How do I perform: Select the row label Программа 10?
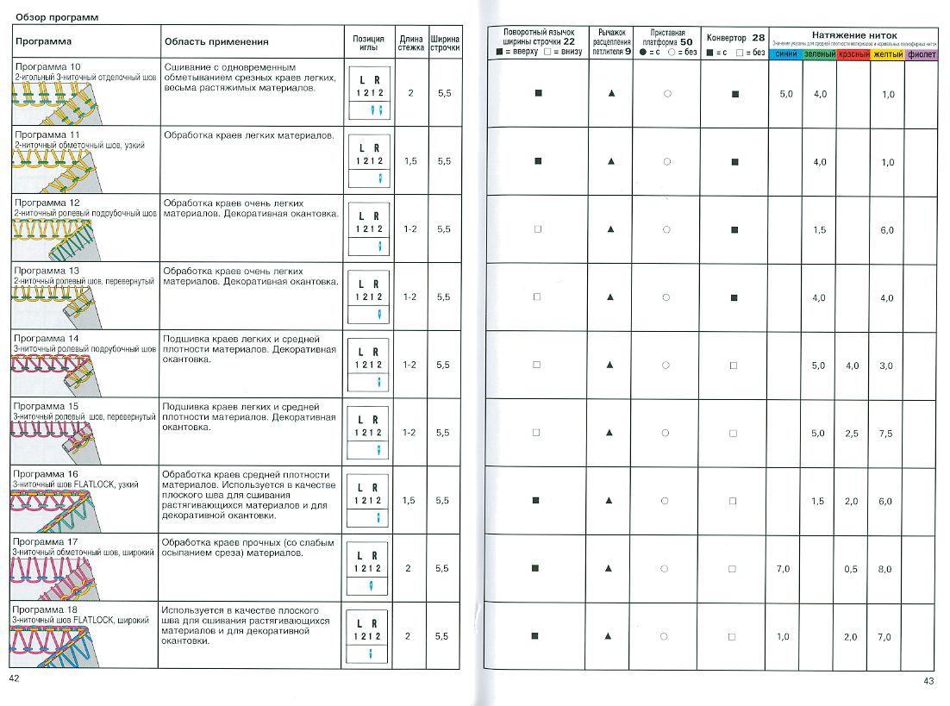(x=48, y=66)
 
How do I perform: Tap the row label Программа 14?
(x=47, y=338)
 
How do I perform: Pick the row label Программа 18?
(x=47, y=609)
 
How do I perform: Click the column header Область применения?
(x=216, y=41)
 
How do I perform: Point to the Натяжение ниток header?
(x=854, y=35)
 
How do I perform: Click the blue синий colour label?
(x=785, y=54)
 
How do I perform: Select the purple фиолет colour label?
(x=922, y=54)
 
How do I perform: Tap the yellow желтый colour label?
(x=887, y=54)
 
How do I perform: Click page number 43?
(x=928, y=681)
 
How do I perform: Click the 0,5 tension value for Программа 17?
(x=852, y=569)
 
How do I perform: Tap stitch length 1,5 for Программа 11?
(x=410, y=161)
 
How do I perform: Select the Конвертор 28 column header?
(x=734, y=39)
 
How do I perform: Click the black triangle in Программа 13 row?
(x=611, y=297)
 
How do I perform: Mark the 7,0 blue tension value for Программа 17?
(x=783, y=569)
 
